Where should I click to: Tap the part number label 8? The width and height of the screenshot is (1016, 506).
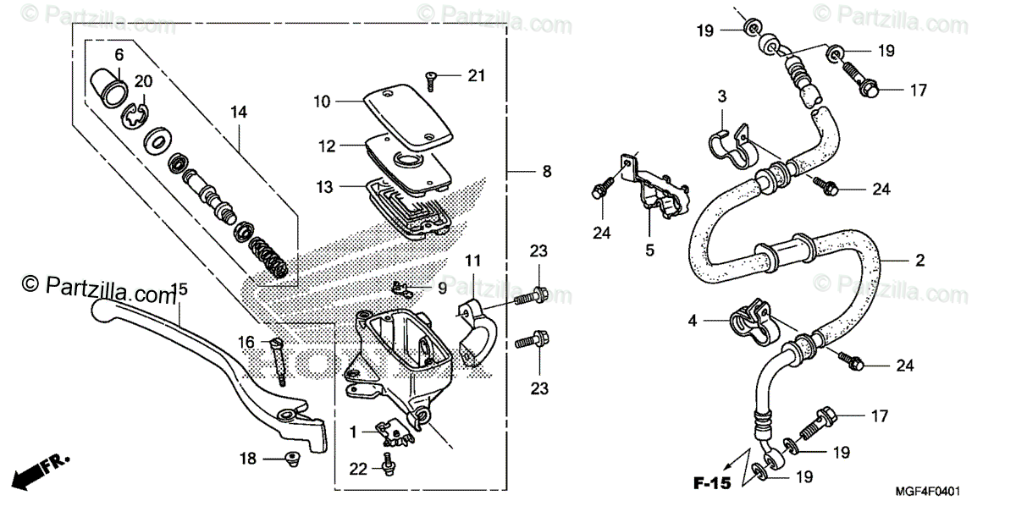click(x=547, y=172)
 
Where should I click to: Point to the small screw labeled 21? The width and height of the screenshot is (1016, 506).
click(x=433, y=79)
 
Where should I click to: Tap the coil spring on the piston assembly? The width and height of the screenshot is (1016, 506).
click(x=273, y=258)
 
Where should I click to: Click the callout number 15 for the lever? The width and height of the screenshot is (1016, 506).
click(x=179, y=290)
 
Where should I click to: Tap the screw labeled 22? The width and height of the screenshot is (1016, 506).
click(x=387, y=465)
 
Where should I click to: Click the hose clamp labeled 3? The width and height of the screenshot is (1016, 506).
click(x=727, y=146)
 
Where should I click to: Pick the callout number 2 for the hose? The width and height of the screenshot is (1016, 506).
click(x=919, y=261)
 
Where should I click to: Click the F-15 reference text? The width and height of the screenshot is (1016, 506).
click(x=711, y=483)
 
